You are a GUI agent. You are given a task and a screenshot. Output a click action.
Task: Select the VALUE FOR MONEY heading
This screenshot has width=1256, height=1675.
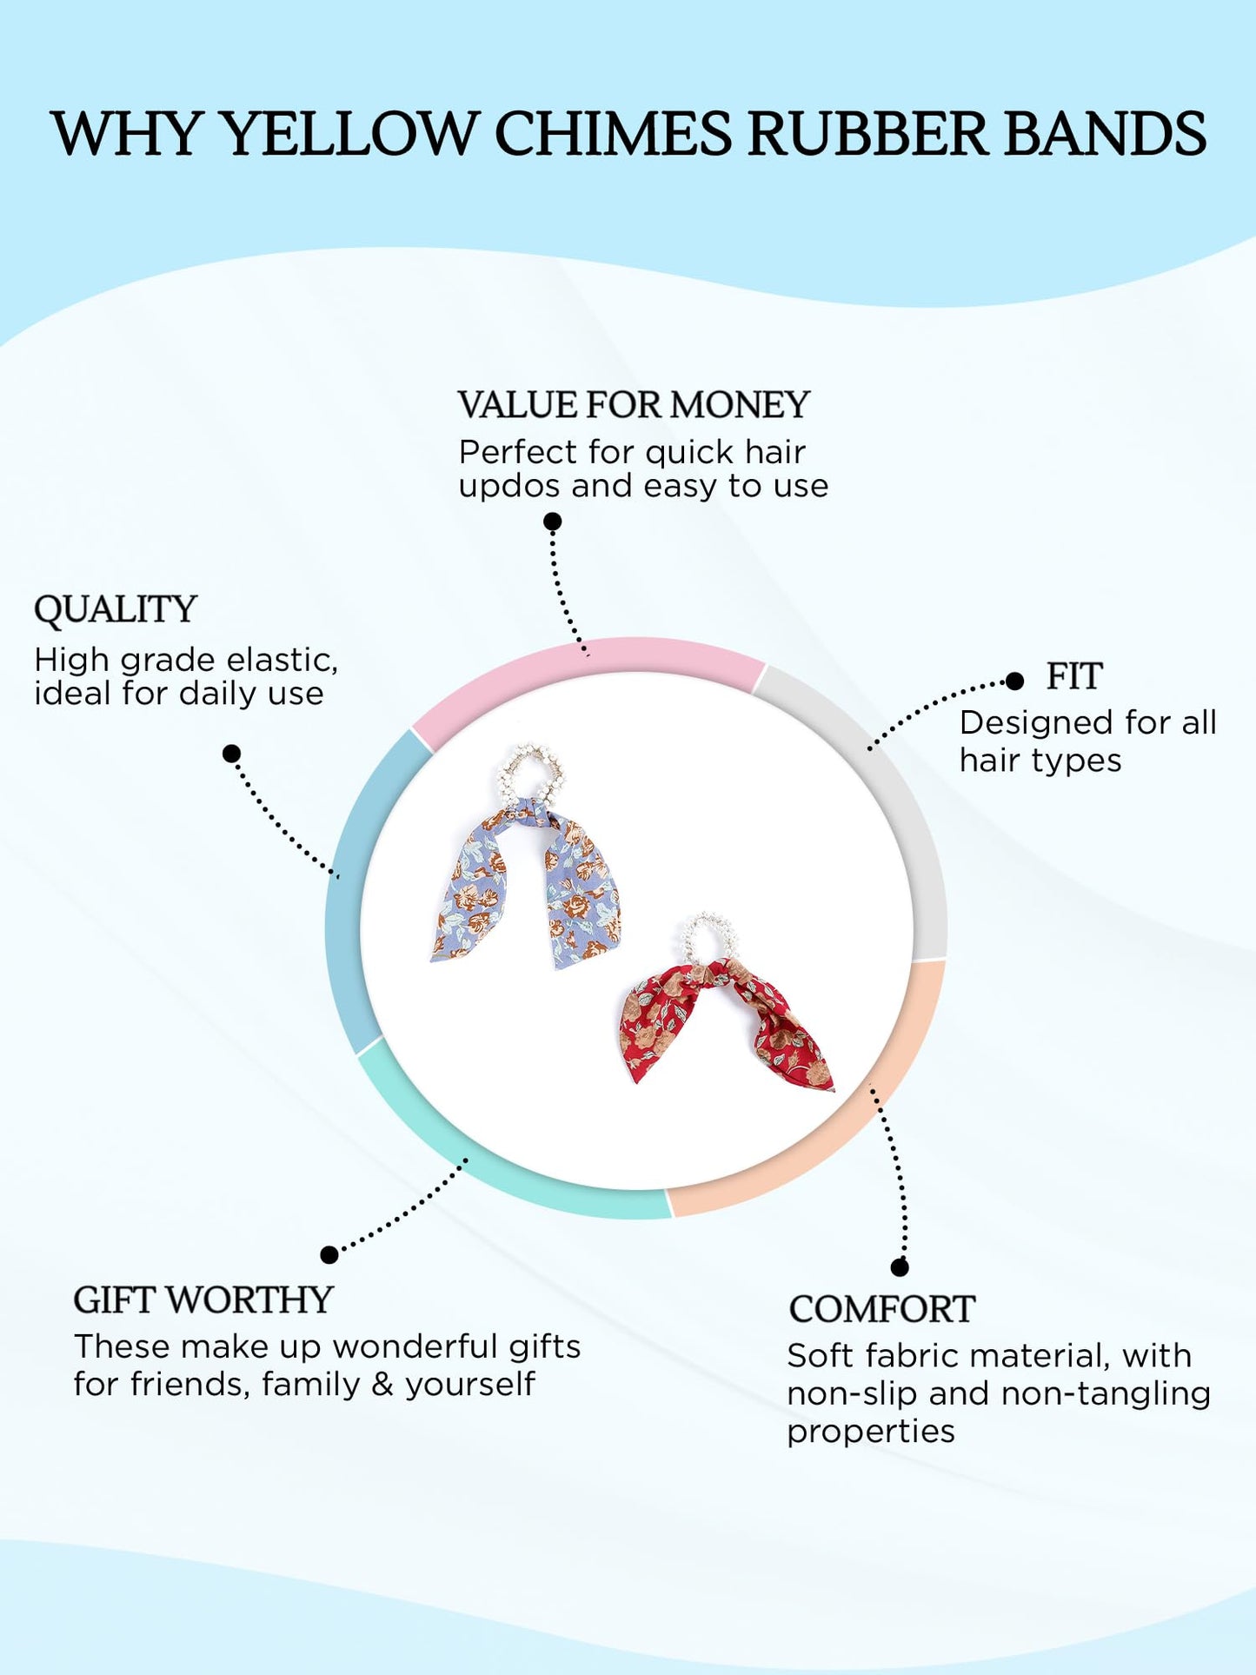[634, 405]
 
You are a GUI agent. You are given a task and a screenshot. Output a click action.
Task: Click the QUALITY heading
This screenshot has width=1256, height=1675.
[116, 609]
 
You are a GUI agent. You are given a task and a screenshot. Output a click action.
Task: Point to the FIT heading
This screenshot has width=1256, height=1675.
[1074, 676]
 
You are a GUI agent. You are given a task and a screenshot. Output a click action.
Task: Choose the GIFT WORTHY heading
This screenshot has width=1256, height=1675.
[203, 1300]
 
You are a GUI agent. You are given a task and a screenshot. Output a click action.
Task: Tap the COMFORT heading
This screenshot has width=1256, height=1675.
[881, 1310]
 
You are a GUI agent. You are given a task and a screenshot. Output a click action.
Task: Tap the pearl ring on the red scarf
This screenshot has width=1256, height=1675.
[708, 938]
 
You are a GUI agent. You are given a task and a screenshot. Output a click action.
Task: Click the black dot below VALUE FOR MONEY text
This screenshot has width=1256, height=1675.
[552, 522]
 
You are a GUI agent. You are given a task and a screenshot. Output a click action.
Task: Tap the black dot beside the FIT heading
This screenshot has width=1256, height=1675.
[1014, 681]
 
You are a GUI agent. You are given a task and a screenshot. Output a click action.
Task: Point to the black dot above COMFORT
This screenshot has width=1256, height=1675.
[900, 1267]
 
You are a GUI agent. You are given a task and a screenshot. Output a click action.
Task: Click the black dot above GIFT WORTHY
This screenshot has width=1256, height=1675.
[329, 1254]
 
